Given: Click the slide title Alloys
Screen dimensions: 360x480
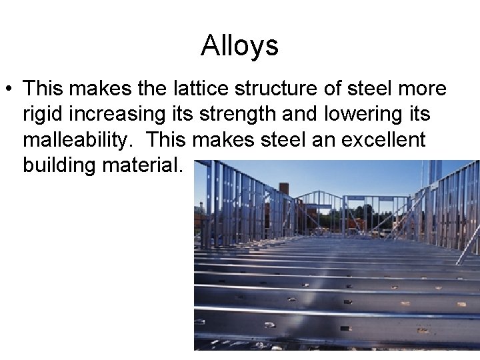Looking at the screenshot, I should coord(239,46).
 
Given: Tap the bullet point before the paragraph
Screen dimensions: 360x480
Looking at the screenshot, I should coord(9,89).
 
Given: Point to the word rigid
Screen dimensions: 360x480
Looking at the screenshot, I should coord(43,114).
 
